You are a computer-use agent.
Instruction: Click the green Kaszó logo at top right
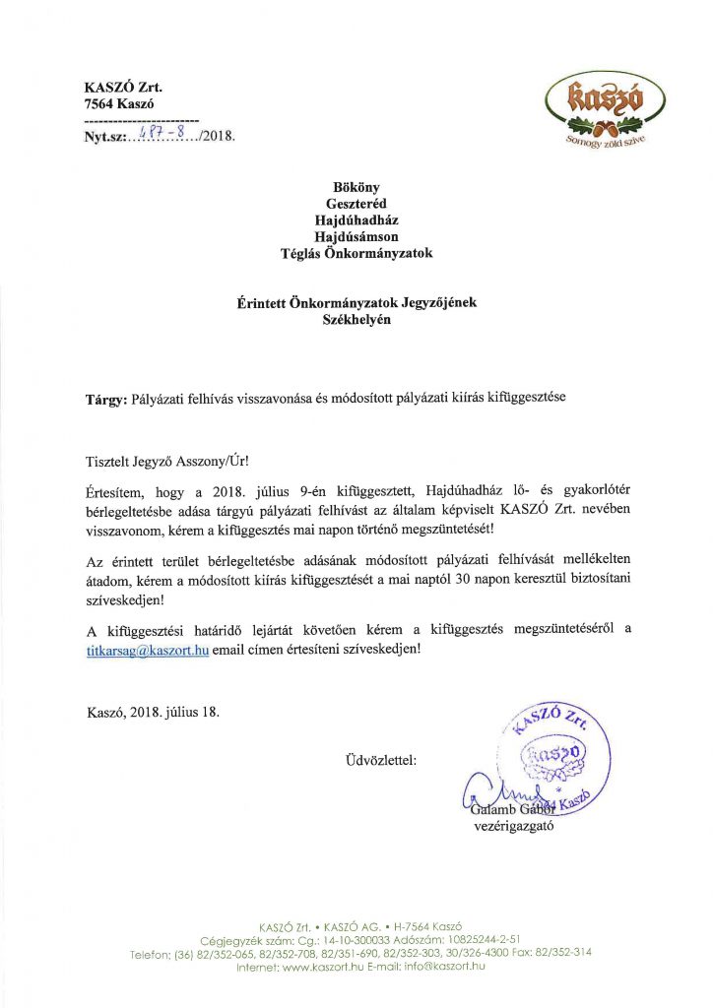click(601, 108)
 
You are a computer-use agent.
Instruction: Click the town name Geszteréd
click(356, 203)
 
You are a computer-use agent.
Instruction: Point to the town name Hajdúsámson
click(356, 236)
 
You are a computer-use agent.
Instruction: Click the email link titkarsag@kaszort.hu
click(147, 652)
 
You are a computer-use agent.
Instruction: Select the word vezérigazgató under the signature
click(514, 826)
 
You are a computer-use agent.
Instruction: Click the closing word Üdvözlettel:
click(381, 760)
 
